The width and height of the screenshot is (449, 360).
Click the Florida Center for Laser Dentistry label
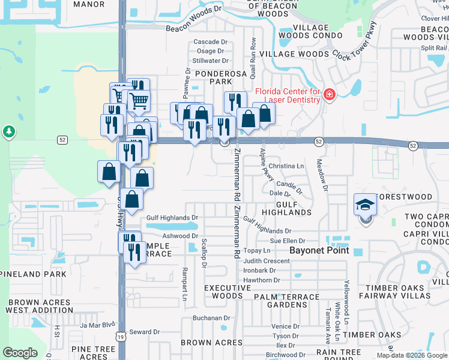(288, 95)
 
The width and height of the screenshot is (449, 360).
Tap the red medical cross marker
(329, 95)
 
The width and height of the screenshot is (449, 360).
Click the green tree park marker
(8, 131)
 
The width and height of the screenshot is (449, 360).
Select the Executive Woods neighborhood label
(227, 292)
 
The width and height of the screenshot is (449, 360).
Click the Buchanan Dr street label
(211, 318)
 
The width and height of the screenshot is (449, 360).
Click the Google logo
(20, 352)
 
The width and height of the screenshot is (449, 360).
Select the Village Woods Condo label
(311, 32)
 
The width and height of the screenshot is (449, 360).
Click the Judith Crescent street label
(267, 261)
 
